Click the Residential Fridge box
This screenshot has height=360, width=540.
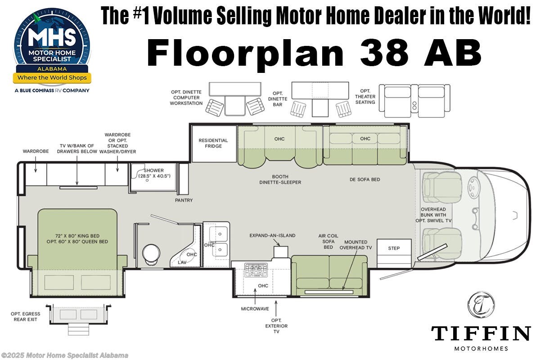(x=213, y=144)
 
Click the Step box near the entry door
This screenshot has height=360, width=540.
(x=394, y=248)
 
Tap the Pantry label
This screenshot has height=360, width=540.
(x=184, y=200)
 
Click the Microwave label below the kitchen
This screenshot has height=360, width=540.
(x=255, y=309)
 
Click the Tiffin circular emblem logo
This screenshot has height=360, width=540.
(x=481, y=305)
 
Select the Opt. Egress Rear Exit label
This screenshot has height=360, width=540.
(x=26, y=316)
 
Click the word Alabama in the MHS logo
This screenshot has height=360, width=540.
(x=53, y=69)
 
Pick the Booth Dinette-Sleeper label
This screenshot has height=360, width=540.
(x=280, y=179)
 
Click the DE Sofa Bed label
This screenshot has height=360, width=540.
(x=364, y=179)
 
